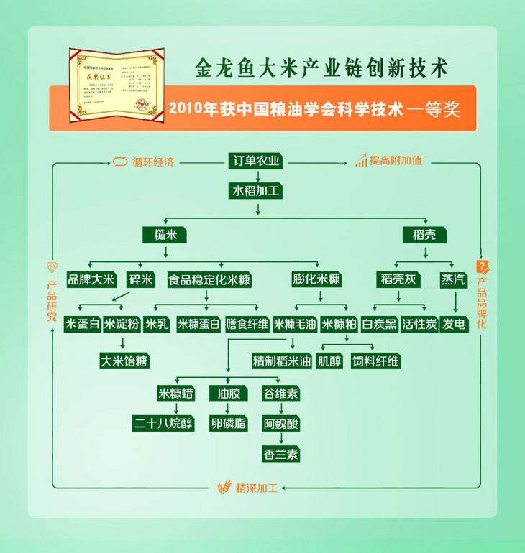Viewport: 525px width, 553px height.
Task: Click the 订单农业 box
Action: [257, 162]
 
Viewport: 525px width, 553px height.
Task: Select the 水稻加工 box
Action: [257, 191]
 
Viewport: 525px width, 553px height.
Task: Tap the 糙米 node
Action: [165, 235]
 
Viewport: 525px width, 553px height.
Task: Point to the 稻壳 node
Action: [425, 235]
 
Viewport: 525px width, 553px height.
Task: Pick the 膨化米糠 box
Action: [316, 279]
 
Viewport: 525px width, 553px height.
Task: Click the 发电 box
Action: [455, 324]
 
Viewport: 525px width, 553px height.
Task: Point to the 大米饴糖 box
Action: [124, 361]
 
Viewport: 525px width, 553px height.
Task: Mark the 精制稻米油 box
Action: [281, 361]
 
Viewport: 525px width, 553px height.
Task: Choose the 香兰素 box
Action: [280, 454]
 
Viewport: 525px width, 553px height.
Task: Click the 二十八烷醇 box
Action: [164, 424]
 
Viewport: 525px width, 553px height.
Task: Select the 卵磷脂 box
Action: [228, 424]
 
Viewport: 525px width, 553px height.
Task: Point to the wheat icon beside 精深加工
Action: [224, 488]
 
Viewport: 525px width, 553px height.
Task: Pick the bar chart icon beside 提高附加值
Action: [360, 161]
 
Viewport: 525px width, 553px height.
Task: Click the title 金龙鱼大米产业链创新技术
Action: [321, 68]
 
